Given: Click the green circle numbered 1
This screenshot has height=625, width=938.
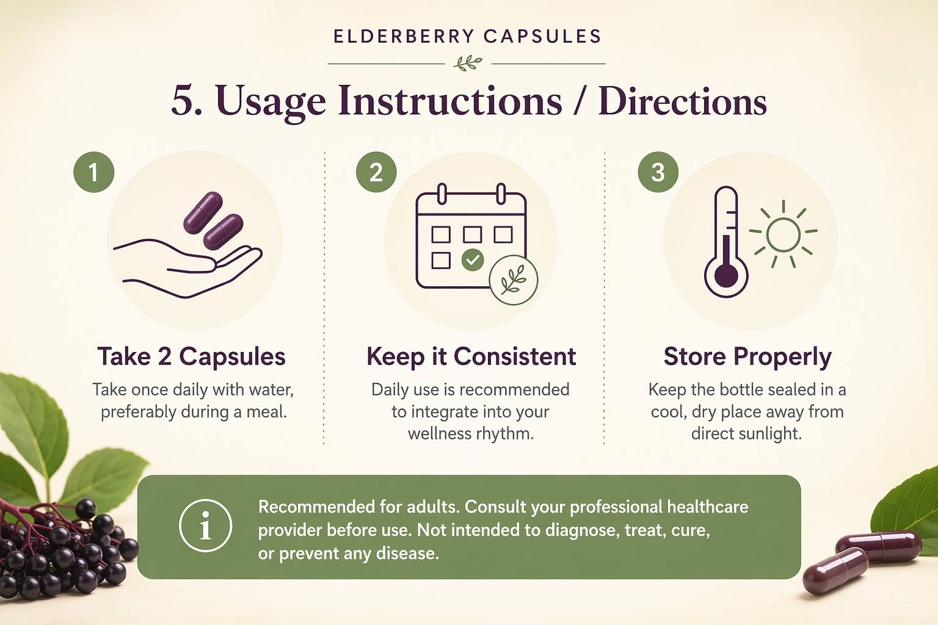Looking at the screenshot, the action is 94,172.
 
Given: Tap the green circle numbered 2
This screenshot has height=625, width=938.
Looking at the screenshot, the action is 376,172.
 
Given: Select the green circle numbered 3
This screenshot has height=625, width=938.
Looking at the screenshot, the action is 658,172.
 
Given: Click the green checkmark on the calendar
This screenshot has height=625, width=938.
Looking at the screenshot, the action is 472,259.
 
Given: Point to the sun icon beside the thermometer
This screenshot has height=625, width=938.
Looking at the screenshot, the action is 783,234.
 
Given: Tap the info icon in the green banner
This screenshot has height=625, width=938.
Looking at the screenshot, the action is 205,526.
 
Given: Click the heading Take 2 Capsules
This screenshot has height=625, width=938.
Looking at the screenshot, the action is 192,356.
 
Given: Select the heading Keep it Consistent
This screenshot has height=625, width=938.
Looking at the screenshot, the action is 471,356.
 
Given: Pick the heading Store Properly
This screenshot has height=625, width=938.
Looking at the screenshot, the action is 747,357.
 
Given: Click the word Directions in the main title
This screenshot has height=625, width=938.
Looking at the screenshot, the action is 683,102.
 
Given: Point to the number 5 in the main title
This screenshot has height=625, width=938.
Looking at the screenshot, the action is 183,101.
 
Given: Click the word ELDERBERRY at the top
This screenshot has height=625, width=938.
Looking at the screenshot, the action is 404,37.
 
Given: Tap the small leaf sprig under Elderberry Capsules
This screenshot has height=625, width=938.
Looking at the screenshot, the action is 468,63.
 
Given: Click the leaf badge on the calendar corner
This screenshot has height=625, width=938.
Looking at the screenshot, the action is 514,279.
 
